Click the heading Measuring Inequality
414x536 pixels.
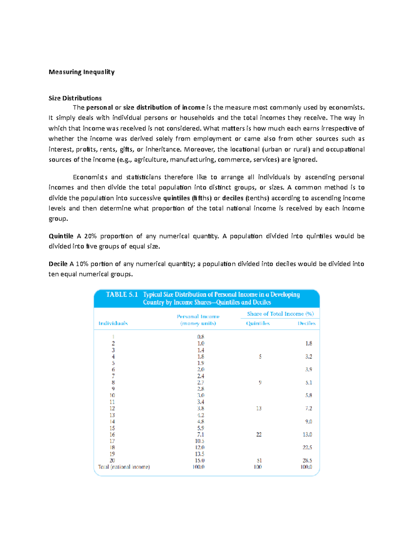click(81, 72)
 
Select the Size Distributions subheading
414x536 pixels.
click(75, 98)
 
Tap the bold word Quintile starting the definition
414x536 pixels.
click(61, 236)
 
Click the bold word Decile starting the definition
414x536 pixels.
click(58, 264)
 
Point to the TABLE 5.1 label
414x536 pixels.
click(122, 294)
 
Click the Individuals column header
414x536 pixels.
click(113, 323)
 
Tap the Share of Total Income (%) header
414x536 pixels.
click(280, 314)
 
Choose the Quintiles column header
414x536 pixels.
click(258, 323)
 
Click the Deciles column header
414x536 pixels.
click(306, 323)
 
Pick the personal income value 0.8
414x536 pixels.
click(200, 337)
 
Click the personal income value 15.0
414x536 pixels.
click(200, 460)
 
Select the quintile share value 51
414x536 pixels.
click(259, 460)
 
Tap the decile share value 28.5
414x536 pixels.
click(307, 460)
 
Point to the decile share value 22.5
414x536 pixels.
click(307, 447)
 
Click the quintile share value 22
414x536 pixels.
click(259, 435)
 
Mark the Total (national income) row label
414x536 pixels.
click(124, 467)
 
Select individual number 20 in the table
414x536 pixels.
click(112, 460)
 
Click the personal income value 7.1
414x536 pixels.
click(200, 435)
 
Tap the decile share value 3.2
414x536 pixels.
click(308, 357)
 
